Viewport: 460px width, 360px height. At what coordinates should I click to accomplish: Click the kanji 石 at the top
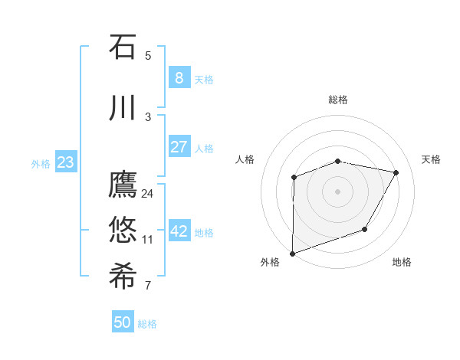pyautogui.click(x=123, y=47)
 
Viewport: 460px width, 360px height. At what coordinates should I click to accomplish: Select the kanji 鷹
pyautogui.click(x=123, y=186)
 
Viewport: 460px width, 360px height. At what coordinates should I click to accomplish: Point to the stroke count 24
pyautogui.click(x=147, y=193)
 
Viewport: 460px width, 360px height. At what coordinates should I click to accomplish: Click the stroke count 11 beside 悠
pyautogui.click(x=147, y=240)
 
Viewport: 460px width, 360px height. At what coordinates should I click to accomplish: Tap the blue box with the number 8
pyautogui.click(x=179, y=78)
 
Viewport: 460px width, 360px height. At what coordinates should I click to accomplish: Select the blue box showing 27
pyautogui.click(x=179, y=147)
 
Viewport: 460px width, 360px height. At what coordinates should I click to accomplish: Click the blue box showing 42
pyautogui.click(x=179, y=232)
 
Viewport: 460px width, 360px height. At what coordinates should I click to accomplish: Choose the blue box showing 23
pyautogui.click(x=65, y=162)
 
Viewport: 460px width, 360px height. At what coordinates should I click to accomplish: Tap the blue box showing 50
pyautogui.click(x=123, y=322)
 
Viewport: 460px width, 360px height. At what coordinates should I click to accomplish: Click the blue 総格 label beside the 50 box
pyautogui.click(x=147, y=324)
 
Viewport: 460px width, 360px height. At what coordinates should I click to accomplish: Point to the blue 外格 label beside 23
pyautogui.click(x=41, y=163)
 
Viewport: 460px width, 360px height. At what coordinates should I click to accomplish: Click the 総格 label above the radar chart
pyautogui.click(x=338, y=100)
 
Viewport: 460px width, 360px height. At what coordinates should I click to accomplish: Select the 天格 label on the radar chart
pyautogui.click(x=432, y=159)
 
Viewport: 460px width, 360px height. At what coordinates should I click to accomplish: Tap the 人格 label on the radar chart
pyautogui.click(x=245, y=159)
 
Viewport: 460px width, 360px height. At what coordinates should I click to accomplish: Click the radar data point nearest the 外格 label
pyautogui.click(x=293, y=253)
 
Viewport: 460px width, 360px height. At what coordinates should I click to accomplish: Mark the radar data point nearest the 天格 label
pyautogui.click(x=396, y=172)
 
